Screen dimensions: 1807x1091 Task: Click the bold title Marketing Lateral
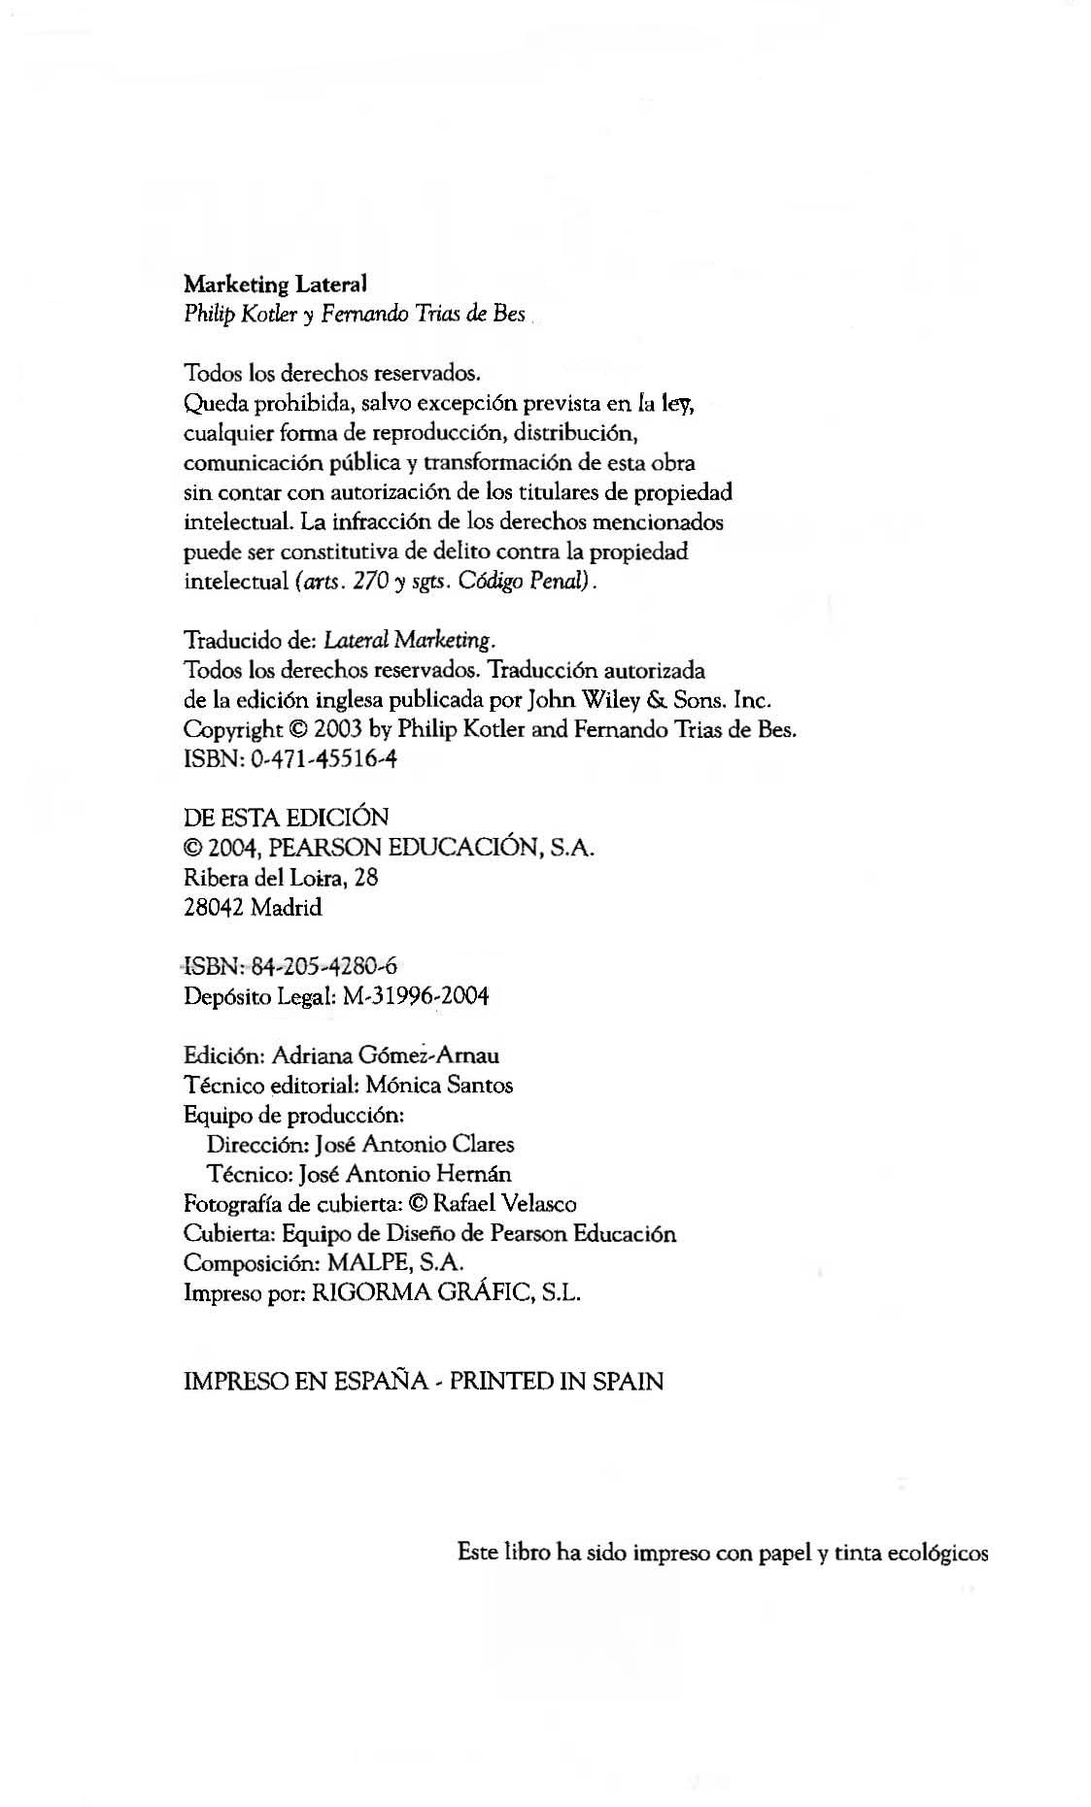(275, 284)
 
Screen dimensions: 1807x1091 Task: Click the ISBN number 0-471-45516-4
(324, 759)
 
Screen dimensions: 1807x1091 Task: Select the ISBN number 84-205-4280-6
(324, 966)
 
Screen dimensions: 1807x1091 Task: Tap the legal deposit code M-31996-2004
(416, 996)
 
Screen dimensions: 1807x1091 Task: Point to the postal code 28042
(214, 908)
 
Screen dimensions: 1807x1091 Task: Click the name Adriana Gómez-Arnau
(386, 1055)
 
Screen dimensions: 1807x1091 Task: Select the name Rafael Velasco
(504, 1204)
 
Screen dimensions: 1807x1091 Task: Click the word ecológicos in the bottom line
(938, 1553)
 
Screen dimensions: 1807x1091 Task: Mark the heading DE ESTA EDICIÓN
(286, 818)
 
